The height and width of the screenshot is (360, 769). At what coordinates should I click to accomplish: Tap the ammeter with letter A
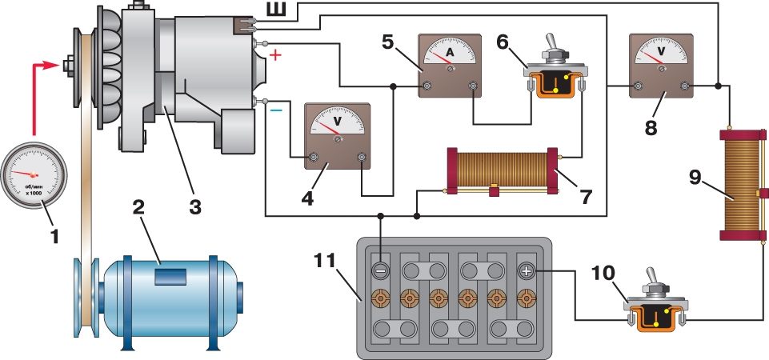tap(450, 66)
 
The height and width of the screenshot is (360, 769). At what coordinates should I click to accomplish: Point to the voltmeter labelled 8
tap(661, 65)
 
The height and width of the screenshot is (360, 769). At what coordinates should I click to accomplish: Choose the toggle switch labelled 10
tap(655, 307)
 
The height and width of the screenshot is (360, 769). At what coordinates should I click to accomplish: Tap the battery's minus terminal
tap(382, 270)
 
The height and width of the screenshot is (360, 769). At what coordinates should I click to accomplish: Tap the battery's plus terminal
tap(526, 271)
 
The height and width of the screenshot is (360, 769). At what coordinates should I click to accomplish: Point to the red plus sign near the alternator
tap(275, 55)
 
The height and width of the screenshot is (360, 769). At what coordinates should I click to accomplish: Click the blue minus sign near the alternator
tap(274, 111)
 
